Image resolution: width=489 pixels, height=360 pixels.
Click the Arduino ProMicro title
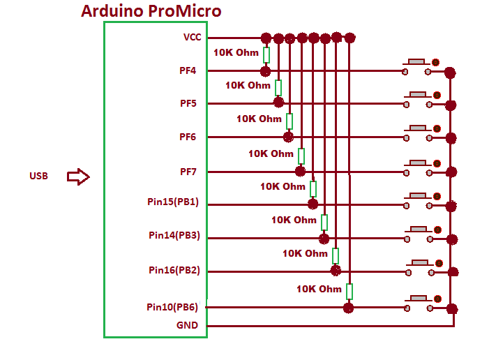click(x=151, y=10)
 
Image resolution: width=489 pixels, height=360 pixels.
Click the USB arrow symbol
click(x=78, y=177)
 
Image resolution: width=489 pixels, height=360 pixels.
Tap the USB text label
click(x=39, y=177)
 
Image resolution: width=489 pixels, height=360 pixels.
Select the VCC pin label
click(x=192, y=37)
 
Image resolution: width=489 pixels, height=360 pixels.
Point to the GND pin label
click(x=187, y=325)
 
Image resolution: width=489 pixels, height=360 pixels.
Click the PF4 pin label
click(x=188, y=70)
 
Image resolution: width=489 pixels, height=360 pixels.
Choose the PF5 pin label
click(x=188, y=103)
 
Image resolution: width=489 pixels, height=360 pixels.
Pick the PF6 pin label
click(x=188, y=137)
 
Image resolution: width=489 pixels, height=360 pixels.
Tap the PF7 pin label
click(x=188, y=171)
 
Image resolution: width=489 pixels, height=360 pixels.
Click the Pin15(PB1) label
click(x=173, y=202)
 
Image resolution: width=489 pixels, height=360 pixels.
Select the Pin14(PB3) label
click(x=174, y=236)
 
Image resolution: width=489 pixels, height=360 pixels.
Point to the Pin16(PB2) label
click(x=174, y=270)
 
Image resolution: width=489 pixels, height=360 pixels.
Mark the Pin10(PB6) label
click(x=172, y=307)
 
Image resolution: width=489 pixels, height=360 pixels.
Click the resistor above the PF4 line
click(x=266, y=54)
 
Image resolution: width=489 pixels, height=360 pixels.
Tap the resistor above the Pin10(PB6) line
click(x=349, y=291)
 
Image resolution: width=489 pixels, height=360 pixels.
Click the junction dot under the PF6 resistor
click(x=289, y=137)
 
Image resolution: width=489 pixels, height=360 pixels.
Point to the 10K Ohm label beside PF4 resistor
click(x=236, y=52)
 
